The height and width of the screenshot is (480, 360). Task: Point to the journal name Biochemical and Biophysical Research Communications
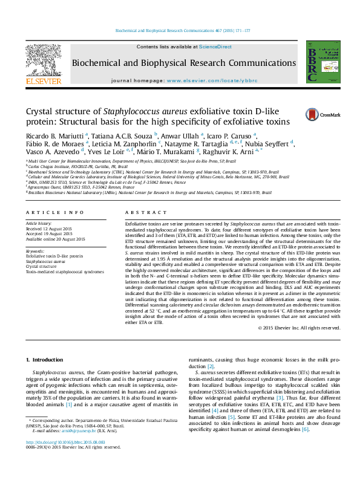pyautogui.click(x=184, y=62)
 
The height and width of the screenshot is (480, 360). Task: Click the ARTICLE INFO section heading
pyautogui.click(x=54, y=213)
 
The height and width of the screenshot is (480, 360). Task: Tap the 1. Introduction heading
pyautogui.click(x=45, y=360)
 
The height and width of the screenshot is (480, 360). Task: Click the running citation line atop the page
pyautogui.click(x=182, y=30)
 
